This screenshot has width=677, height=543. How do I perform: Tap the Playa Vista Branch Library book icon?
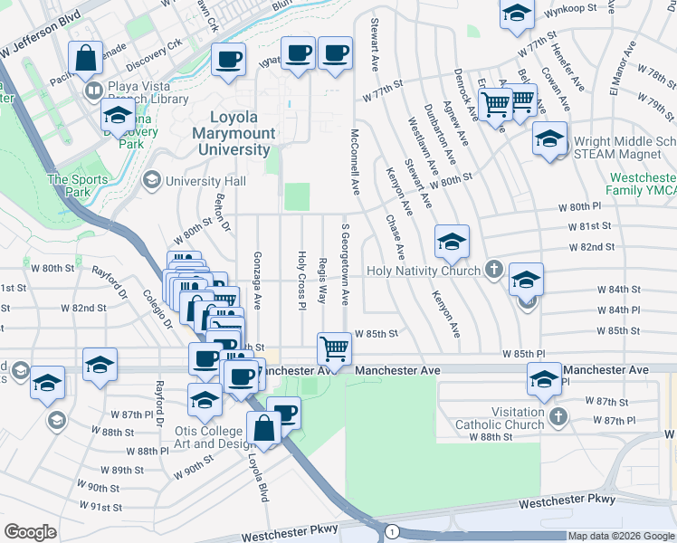point(92,91)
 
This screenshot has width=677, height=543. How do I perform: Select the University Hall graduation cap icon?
point(151,182)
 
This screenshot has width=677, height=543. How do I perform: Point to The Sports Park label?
point(70,186)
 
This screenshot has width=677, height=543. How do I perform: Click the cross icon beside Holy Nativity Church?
point(493,270)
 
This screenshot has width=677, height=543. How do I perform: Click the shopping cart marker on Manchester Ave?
point(335,348)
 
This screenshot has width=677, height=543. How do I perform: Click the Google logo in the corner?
point(30,532)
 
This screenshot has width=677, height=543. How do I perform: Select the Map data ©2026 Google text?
point(620,536)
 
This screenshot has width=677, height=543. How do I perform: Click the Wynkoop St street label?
point(572,7)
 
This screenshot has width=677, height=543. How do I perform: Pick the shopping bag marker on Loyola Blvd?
point(263,428)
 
